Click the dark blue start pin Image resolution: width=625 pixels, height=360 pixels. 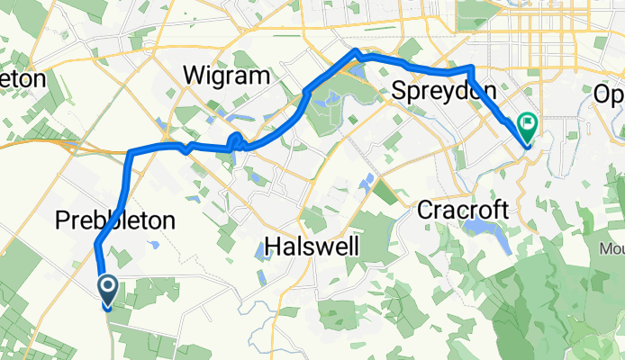click(107, 290)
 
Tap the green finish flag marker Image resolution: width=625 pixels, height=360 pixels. click(526, 126)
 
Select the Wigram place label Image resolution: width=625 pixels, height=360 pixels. click(226, 76)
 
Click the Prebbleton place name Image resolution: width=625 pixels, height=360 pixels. click(114, 219)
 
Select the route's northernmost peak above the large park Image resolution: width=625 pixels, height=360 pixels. click(358, 51)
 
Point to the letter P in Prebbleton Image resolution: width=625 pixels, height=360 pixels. click(63, 219)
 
